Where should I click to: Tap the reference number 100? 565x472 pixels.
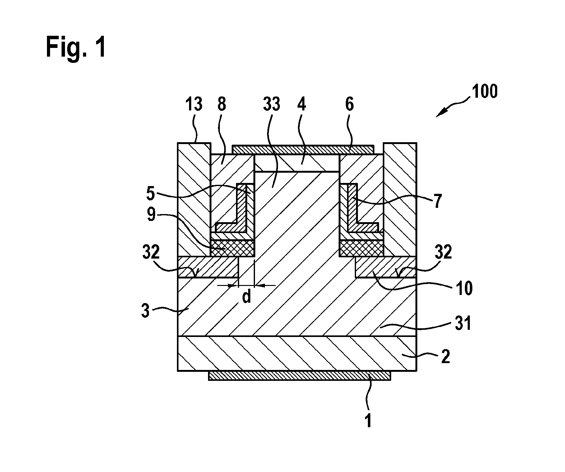coord(484,92)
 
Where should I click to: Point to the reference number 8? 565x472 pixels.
coord(222,104)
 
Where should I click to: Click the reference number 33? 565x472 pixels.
coord(271,104)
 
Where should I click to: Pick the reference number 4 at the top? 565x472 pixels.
coord(301,104)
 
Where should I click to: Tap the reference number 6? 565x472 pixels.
coord(350,104)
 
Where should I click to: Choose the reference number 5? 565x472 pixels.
coord(150,194)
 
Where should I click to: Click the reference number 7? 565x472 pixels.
coord(437,202)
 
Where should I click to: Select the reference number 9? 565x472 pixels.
coord(151,215)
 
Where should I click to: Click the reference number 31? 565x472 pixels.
coord(463,324)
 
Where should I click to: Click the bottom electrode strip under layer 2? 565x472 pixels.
coord(299,376)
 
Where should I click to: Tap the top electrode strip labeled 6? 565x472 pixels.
coord(303,149)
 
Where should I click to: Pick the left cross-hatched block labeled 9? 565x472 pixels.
coord(233,249)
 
